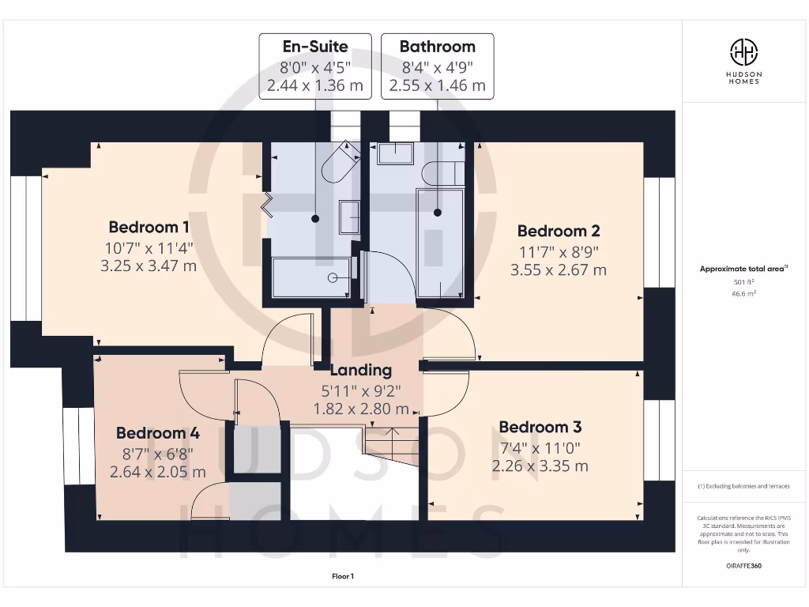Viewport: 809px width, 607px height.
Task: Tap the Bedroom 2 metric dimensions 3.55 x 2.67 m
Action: coord(558,270)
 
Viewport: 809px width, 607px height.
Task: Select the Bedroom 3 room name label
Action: coord(540,428)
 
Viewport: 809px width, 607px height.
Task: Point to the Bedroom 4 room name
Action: coord(157,433)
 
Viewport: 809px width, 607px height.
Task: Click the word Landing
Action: coord(360,370)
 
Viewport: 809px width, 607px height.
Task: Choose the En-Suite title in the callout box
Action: coord(315,47)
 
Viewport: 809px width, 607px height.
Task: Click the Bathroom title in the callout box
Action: coord(437,47)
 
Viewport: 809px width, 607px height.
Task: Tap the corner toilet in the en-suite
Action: coord(338,163)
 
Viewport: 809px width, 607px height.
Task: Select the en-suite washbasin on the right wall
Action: coord(349,217)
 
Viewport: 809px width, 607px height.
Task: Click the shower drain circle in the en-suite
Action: coord(333,277)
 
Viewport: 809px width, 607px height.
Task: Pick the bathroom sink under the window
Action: coord(395,153)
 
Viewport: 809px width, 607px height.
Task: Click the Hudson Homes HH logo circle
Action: coord(743,53)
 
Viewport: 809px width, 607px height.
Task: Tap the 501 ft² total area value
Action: coord(743,281)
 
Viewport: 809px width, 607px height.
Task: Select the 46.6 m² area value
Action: coord(743,292)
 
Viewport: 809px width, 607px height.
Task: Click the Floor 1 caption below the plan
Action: coord(343,577)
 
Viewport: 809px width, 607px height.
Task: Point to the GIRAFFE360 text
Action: coord(743,566)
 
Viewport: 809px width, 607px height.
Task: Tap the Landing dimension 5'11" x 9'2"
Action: coord(360,390)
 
